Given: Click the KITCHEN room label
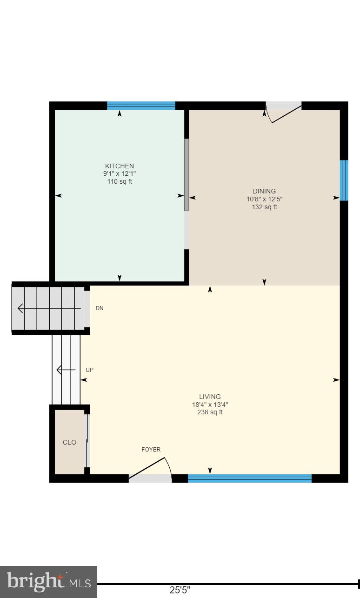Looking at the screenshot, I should [120, 166].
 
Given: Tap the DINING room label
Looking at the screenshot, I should [264, 191].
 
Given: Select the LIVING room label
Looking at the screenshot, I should [210, 397].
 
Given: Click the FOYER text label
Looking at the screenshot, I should [151, 450].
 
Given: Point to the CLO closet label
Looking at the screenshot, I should [69, 442].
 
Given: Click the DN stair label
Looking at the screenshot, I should [100, 308].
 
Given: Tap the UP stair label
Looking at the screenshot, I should [90, 370].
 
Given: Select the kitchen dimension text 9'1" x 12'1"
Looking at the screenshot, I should [120, 174].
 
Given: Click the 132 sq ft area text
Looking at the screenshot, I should [264, 207].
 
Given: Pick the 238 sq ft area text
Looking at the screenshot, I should [210, 412].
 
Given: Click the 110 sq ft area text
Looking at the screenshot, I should [120, 181].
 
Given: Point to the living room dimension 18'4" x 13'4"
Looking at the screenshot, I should [210, 405].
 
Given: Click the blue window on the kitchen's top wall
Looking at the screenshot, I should [141, 106].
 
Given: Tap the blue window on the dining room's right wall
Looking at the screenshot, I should [344, 180].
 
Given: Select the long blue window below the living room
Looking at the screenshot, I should [249, 478].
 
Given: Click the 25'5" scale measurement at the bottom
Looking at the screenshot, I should [180, 590].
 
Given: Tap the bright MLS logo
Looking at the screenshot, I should [48, 582].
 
